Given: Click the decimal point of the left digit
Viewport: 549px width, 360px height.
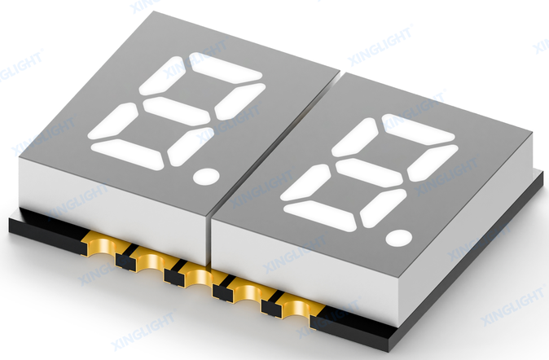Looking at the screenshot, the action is [206, 176].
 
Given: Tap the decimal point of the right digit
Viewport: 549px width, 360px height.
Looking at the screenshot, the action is [399, 238].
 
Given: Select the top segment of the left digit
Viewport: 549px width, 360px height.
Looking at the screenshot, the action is [225, 68].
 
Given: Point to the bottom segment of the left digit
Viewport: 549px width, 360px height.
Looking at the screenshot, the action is [128, 155].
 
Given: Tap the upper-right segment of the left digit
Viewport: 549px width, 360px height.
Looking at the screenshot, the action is [239, 101].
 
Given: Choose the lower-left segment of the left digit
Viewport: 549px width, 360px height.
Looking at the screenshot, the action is [113, 121].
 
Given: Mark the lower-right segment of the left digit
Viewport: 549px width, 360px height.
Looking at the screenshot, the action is [189, 147].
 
